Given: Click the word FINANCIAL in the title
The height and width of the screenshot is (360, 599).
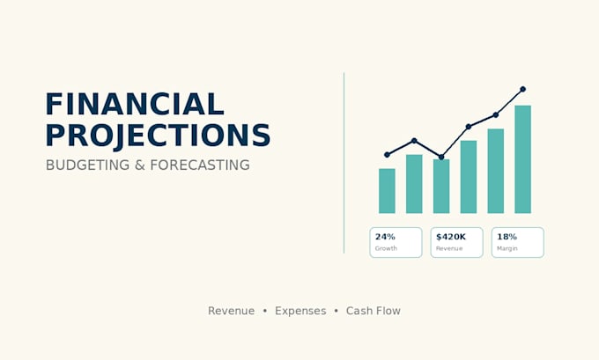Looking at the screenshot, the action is click(x=135, y=104).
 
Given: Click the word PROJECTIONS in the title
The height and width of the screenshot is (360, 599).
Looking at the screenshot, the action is click(x=159, y=136).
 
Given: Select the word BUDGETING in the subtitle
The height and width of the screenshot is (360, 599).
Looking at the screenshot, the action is click(x=87, y=165).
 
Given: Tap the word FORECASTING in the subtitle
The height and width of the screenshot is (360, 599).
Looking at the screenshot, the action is click(x=200, y=165).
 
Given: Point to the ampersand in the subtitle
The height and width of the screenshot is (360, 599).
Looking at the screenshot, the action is click(x=140, y=165).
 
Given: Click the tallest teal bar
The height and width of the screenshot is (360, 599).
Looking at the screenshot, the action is click(x=522, y=159).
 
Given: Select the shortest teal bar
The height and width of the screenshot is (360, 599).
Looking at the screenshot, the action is click(x=387, y=191).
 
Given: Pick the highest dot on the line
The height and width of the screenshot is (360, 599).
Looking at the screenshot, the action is click(x=523, y=89).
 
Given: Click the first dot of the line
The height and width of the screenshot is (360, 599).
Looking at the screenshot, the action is click(x=387, y=155).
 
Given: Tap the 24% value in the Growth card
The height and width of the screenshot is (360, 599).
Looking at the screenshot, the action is click(x=385, y=237).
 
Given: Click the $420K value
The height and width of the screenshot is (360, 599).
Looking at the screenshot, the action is click(x=451, y=237).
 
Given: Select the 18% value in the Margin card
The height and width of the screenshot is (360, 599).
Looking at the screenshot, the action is click(x=507, y=237).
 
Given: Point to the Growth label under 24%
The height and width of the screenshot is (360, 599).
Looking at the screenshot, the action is click(x=386, y=248).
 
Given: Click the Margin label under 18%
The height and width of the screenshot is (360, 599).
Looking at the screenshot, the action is click(x=507, y=248).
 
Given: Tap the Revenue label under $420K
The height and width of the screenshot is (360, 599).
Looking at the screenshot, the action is click(x=449, y=248).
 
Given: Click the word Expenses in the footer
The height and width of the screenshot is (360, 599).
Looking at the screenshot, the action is click(x=300, y=311).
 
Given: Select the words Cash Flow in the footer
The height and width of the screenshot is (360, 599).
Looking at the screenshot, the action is click(x=373, y=311).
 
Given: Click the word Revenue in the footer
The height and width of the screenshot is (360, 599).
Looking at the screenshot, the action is click(x=231, y=311).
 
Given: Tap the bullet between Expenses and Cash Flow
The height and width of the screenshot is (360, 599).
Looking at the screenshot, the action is click(x=336, y=311).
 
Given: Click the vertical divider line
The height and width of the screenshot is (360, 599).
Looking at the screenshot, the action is click(x=344, y=163).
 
